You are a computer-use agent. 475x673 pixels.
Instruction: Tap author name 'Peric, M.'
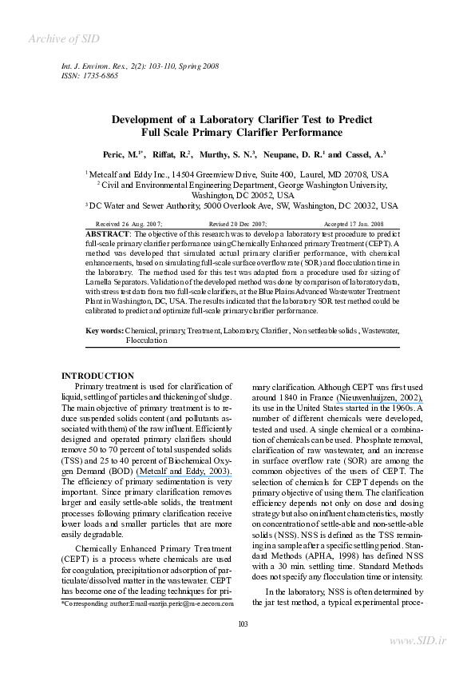tap(121, 154)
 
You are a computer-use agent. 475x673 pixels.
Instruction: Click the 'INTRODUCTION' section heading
tap(97, 376)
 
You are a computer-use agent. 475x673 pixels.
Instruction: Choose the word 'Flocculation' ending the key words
tap(147, 340)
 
